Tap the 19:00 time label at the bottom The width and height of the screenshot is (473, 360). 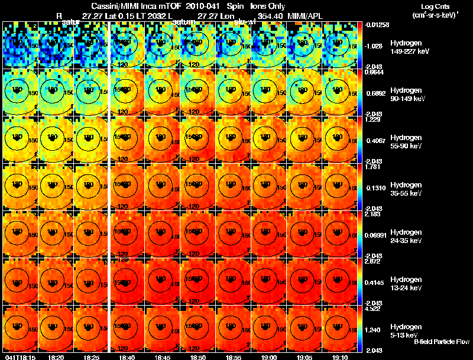click(x=265, y=356)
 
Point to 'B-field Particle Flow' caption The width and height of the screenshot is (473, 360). click(x=442, y=342)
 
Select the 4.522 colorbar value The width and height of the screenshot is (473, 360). click(x=374, y=308)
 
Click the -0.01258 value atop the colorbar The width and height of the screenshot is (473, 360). click(x=377, y=24)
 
